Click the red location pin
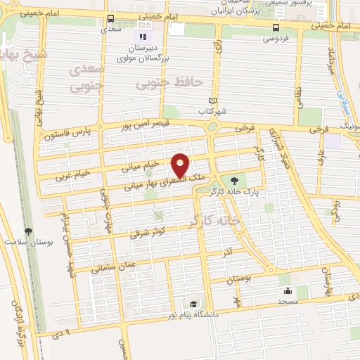181,165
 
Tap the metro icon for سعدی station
111,20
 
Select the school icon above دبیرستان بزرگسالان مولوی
143,37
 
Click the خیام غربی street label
73,174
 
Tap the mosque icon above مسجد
287,290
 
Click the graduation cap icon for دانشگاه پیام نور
193,304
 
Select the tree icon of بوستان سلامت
28,231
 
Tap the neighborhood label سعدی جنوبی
89,78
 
